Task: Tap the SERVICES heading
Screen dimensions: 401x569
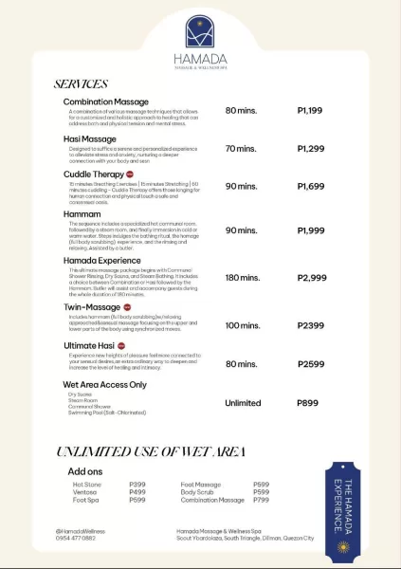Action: tap(82, 84)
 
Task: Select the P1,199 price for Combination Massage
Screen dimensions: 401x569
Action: tap(310, 111)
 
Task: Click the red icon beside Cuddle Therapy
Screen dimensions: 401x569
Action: tap(130, 174)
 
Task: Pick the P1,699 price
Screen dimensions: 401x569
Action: tap(310, 186)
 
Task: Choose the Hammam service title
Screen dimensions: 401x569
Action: tap(82, 214)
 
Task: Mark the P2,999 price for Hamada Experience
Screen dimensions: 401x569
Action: tap(311, 278)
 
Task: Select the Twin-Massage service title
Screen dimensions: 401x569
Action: tap(92, 307)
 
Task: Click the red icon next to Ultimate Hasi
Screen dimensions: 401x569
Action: tap(124, 345)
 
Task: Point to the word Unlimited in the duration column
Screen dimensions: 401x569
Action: tap(243, 403)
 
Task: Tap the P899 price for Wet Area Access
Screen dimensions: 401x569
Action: tap(308, 403)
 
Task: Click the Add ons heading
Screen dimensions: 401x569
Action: tap(84, 470)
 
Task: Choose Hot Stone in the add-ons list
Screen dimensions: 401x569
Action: tap(86, 484)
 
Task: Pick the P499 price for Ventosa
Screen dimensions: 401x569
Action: tap(137, 492)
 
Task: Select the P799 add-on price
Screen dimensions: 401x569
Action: tap(262, 500)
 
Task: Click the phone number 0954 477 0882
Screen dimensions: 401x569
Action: tap(76, 538)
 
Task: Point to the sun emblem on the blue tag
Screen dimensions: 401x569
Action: tap(343, 547)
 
